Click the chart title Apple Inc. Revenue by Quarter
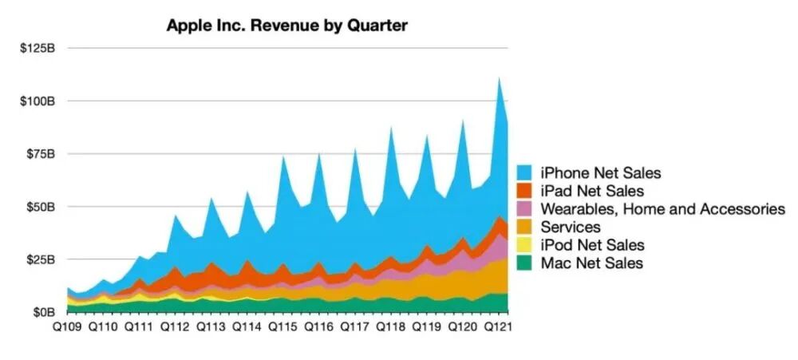(286, 26)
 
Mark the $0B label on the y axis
(43, 312)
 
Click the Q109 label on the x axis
(68, 326)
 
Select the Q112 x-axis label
(175, 326)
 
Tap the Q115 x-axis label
(282, 326)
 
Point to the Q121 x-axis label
(498, 326)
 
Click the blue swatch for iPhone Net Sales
(525, 172)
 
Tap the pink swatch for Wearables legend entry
(525, 209)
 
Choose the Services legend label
(570, 227)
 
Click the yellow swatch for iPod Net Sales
(525, 245)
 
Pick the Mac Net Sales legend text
(591, 263)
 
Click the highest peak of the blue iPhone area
(499, 77)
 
